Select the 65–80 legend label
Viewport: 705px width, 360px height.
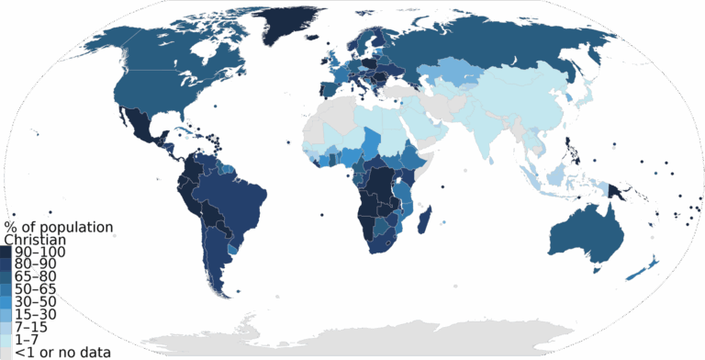[x=36, y=276]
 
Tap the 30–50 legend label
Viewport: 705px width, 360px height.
[x=36, y=301]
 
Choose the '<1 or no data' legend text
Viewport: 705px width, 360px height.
[x=56, y=352]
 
